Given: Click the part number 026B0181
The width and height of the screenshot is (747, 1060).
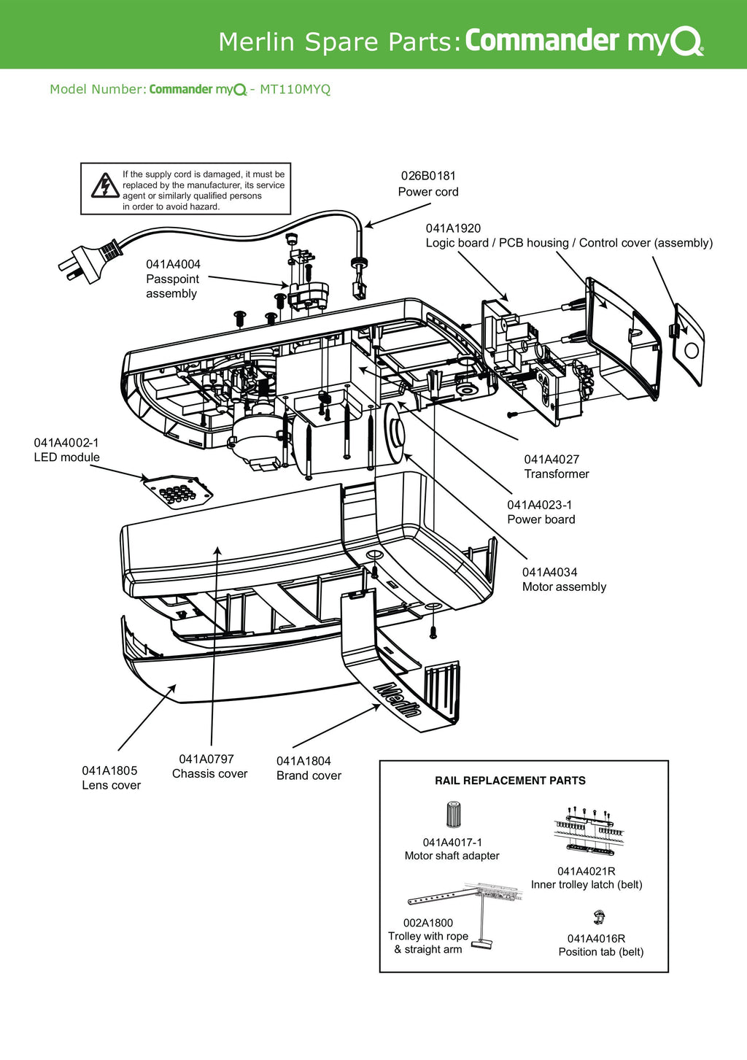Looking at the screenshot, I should point(428,176).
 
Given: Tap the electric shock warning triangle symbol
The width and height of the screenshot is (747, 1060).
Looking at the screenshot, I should point(105,186).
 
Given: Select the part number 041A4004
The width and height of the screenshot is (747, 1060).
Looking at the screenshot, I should point(173,264).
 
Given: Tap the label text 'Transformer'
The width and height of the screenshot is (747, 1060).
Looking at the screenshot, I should point(557,474).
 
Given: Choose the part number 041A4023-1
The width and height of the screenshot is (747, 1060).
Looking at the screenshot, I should point(540,505).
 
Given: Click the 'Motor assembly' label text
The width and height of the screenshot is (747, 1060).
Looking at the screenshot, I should point(564,587).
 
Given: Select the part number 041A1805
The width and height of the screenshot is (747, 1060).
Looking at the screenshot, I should point(109,770).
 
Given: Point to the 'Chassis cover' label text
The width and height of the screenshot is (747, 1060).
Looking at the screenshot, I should point(209,774).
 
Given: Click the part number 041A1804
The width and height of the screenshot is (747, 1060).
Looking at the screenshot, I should point(303,761).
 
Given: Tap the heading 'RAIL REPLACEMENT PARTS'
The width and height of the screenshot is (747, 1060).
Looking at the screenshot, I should point(510,781).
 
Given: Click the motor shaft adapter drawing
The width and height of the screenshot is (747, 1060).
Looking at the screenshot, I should point(453,813).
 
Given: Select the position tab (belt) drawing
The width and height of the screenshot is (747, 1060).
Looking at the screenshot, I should point(599,917).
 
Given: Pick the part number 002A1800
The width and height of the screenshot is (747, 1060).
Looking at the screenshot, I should point(428,923).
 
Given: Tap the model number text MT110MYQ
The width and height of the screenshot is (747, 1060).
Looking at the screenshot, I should point(295,90).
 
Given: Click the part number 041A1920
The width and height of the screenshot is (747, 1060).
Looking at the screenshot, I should point(453,228).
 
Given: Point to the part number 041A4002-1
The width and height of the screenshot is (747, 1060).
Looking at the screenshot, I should point(66,443).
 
